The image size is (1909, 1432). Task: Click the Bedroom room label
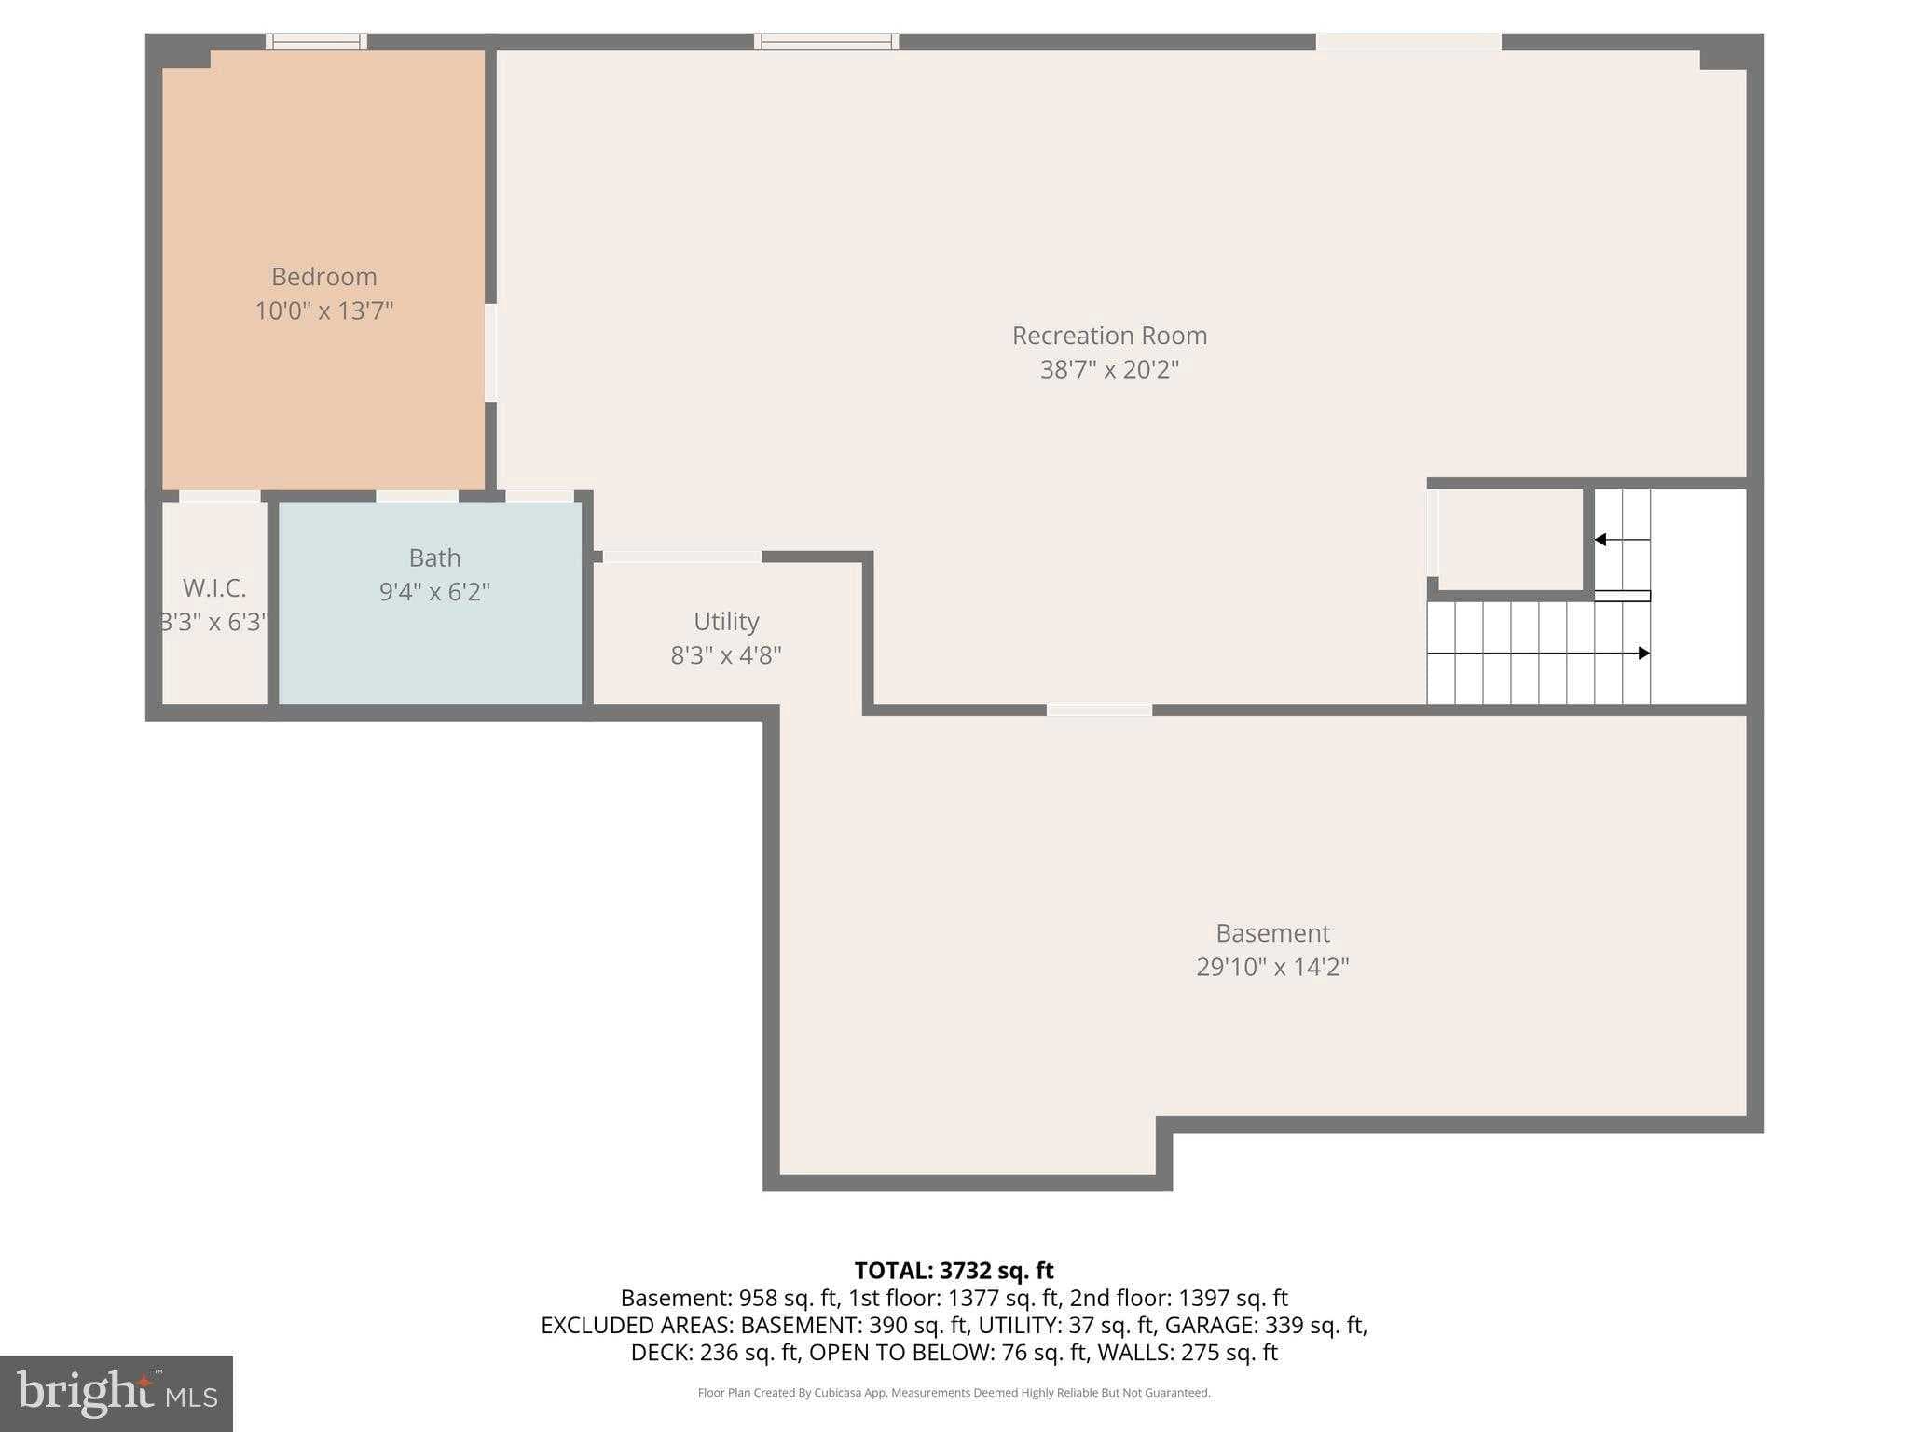pos(323,277)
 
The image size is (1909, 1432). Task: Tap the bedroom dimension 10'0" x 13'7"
pos(323,310)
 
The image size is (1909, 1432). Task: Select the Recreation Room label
pos(1109,336)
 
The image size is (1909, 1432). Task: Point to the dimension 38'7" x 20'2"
pos(1109,369)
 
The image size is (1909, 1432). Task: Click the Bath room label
pos(434,558)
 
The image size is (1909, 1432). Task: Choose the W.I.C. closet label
pos(214,588)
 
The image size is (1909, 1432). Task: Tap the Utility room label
pos(726,621)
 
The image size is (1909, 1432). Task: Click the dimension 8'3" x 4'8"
pos(726,655)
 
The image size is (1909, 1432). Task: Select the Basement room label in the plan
pos(1272,932)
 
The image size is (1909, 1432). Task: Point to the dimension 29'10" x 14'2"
pos(1272,967)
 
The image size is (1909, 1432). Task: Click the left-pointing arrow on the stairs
pos(1601,540)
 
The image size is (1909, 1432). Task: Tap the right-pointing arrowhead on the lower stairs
pos(1644,654)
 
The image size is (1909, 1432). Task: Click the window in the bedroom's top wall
pos(316,42)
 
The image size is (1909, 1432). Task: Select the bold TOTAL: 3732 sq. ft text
pos(954,1271)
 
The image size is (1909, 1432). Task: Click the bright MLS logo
pos(117,1393)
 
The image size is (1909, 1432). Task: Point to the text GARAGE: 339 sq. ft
pos(1266,1325)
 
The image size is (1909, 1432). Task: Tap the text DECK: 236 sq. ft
pos(715,1352)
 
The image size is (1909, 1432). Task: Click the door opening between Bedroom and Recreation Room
pos(490,352)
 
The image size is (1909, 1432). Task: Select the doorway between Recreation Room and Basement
pos(1099,710)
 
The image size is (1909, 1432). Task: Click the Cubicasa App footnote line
pos(954,1393)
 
